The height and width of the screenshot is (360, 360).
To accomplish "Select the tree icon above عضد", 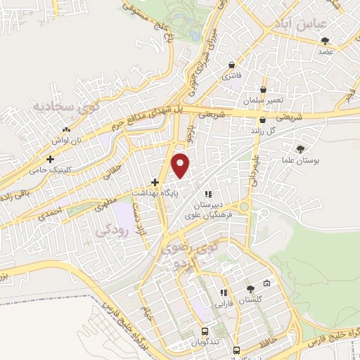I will [323, 41].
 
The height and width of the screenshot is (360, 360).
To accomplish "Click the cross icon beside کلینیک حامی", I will [50, 160].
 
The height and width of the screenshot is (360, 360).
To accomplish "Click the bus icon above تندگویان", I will [205, 330].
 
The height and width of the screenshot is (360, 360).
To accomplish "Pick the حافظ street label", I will [278, 344].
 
